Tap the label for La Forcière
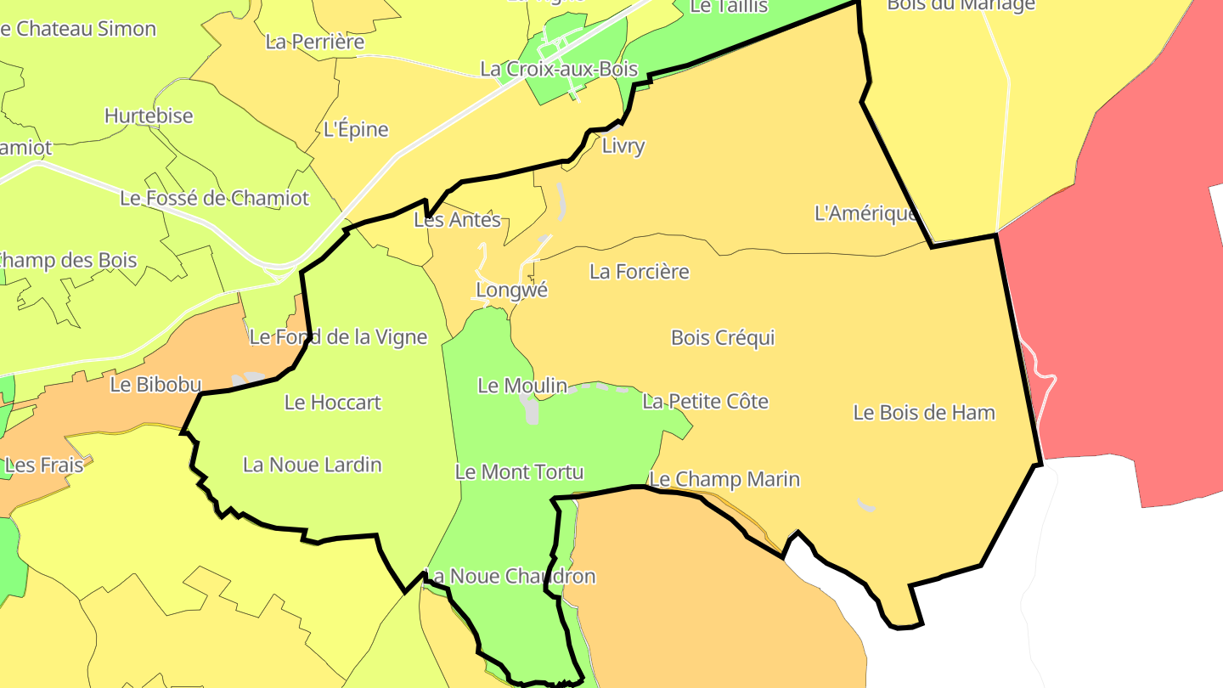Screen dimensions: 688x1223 (640, 272)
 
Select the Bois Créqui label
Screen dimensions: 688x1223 (723, 338)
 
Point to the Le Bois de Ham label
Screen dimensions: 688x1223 (924, 413)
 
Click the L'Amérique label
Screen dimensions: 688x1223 (866, 213)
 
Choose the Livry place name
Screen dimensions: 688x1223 (623, 146)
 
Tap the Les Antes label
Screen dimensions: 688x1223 (457, 220)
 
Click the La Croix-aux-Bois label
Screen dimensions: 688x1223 (559, 70)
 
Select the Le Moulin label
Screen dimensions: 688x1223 (522, 386)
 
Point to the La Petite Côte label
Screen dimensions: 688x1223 (705, 401)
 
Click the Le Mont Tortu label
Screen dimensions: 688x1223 (520, 471)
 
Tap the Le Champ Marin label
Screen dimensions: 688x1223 (724, 480)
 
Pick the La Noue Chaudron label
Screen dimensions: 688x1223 (510, 577)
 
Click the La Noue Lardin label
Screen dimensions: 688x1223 (313, 465)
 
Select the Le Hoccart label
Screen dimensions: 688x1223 (333, 403)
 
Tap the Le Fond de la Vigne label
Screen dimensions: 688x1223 (338, 337)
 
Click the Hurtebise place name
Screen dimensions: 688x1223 (149, 116)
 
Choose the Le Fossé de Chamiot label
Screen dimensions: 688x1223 (215, 199)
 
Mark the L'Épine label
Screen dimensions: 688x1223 (357, 130)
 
